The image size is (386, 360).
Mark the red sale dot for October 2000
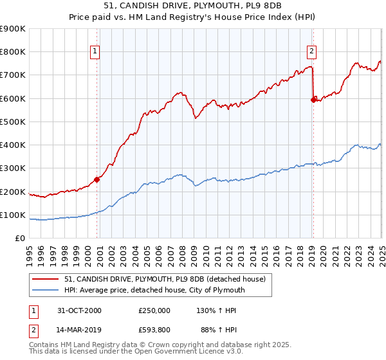click(x=97, y=180)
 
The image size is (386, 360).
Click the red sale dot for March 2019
click(x=313, y=100)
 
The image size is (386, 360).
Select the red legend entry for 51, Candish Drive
click(x=155, y=278)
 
